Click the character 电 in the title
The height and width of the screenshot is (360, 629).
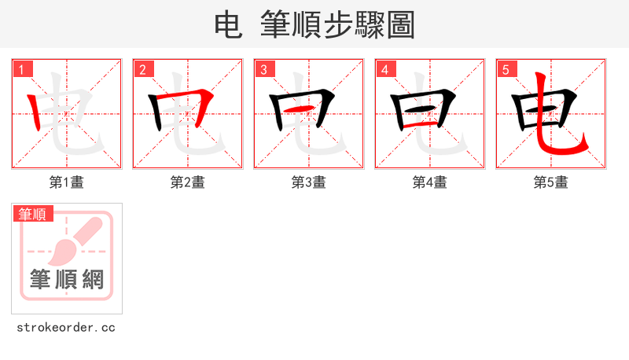pos(228,24)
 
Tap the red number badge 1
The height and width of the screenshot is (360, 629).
pos(20,69)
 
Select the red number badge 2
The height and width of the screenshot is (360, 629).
pos(142,69)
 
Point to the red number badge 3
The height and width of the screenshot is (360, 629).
pos(263,69)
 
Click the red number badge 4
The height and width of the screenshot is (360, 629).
pos(384,69)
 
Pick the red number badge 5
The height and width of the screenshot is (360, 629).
pos(505,69)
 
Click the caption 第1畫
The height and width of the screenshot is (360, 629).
pos(67,182)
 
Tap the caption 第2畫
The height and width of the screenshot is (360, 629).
pos(188,182)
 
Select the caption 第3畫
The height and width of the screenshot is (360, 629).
pos(309,182)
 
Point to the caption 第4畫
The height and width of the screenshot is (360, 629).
pos(430,182)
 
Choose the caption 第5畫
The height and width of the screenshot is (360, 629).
pos(551,182)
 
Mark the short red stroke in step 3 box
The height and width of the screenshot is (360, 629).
pos(309,108)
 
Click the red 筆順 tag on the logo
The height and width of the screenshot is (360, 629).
pos(33,213)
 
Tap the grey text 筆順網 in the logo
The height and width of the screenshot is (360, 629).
pos(67,279)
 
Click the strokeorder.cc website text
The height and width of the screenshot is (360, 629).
pos(66,327)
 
